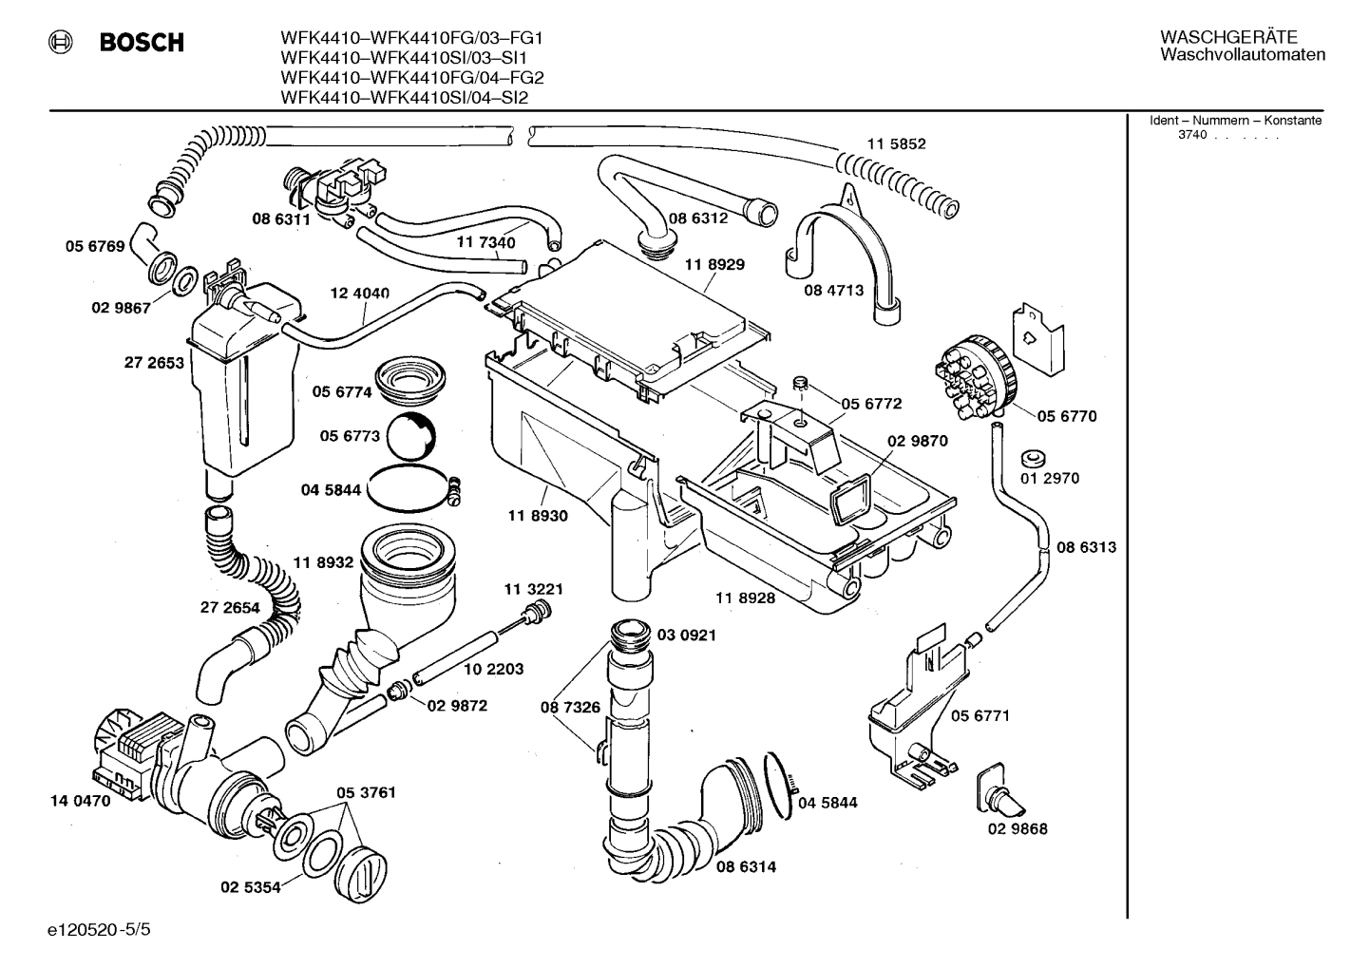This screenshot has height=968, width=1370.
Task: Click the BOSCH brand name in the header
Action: pyautogui.click(x=142, y=43)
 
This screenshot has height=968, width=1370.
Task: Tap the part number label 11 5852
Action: pyautogui.click(x=895, y=144)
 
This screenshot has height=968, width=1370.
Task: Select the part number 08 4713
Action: pyautogui.click(x=833, y=290)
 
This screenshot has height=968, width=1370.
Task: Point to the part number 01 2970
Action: pyautogui.click(x=1050, y=478)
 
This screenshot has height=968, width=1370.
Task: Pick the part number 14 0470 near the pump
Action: pyautogui.click(x=80, y=801)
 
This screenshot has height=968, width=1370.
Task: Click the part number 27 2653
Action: pyautogui.click(x=153, y=362)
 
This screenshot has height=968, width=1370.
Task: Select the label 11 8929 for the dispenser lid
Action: pyautogui.click(x=714, y=265)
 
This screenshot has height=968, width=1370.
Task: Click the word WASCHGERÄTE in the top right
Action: pyautogui.click(x=1227, y=37)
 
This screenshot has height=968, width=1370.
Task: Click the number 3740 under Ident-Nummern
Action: pyautogui.click(x=1191, y=135)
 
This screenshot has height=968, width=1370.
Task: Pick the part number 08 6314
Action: pyautogui.click(x=746, y=866)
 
